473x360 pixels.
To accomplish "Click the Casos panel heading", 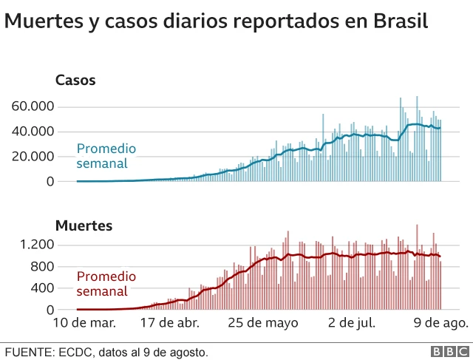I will tap(75, 81).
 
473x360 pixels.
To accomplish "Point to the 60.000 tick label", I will tap(33, 106).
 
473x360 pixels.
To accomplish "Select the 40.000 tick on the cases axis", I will tap(33, 132).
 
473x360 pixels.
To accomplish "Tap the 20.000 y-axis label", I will tap(33, 157).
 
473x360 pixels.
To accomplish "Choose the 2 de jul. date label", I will tap(352, 323).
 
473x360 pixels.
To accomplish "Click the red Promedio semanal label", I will tap(106, 285).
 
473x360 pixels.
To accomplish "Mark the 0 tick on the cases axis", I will tap(50, 181).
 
